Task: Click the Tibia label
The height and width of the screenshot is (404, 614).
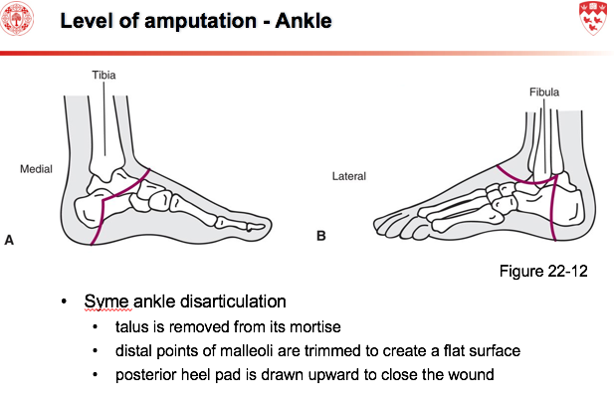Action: tap(103, 75)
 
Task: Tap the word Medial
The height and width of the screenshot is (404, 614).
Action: tap(36, 169)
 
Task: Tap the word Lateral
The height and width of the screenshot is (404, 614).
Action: tap(348, 176)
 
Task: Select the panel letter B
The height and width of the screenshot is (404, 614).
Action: tap(320, 237)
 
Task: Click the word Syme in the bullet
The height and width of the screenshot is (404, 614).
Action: tap(104, 302)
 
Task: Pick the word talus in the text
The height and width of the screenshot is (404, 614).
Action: tap(133, 326)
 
